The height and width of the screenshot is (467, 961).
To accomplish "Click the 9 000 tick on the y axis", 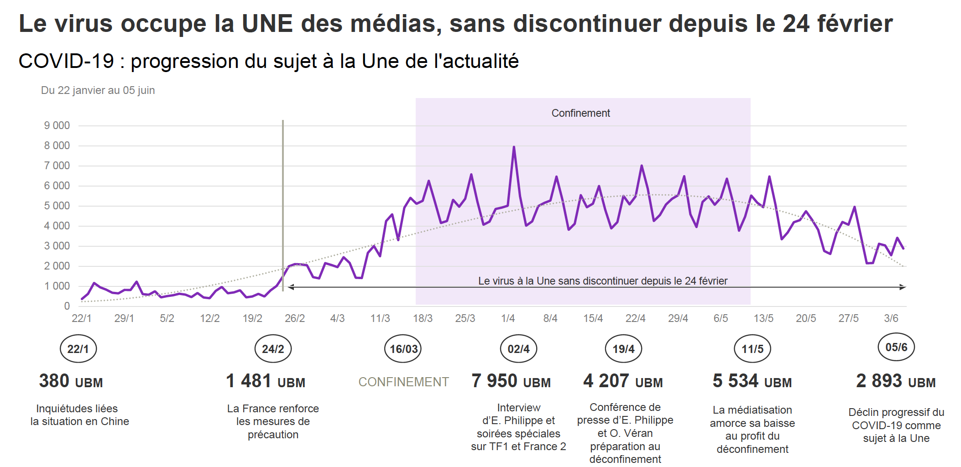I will coord(57,125).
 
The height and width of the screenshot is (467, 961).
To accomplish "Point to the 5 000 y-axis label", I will coord(57,206).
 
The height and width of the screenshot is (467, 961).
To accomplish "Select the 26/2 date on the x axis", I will coord(295,318).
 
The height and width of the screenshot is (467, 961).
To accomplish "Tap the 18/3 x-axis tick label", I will coord(423,318).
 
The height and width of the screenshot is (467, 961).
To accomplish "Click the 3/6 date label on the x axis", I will coord(891,318).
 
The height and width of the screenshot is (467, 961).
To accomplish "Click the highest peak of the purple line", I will coord(514,147).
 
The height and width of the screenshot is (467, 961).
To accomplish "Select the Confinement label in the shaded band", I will coord(580,113).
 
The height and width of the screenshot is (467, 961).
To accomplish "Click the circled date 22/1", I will coord(78,349).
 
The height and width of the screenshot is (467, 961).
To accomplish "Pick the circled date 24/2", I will coord(273,349).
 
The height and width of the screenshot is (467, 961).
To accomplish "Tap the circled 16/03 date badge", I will coord(403,349).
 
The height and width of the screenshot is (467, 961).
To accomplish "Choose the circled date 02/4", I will coord(518,349).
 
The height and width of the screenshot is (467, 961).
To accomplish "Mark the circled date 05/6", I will coord(896,347).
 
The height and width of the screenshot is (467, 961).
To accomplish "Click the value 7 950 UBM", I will coord(511,381).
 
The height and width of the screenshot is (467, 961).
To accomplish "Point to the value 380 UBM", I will coord(71,381).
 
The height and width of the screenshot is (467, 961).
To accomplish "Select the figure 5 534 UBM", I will coord(752,381).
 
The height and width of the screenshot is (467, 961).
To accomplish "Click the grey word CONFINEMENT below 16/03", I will coord(403,382).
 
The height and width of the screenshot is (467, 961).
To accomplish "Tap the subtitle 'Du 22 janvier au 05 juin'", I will coord(98,90).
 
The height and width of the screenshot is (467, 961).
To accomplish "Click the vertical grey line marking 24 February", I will coord(283,205).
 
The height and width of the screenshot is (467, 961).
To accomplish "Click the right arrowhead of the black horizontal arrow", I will coord(902,287).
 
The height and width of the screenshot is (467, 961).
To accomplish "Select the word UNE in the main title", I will coord(267,24).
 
